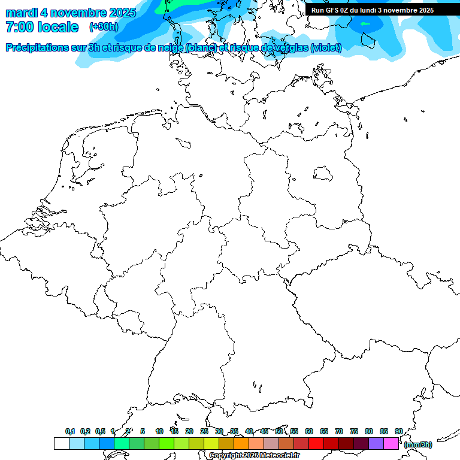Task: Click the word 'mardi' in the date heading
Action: (x=22, y=13)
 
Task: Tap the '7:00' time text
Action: (x=20, y=27)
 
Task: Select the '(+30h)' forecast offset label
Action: (x=104, y=27)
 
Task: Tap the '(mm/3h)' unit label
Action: (x=417, y=444)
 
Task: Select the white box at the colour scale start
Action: (x=61, y=443)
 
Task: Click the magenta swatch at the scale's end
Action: (x=391, y=443)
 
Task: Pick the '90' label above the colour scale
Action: (x=399, y=431)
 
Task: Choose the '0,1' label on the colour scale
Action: (x=70, y=431)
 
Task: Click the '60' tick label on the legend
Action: (x=309, y=431)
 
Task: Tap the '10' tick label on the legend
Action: (x=159, y=431)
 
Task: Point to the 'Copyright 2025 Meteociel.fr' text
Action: (x=254, y=455)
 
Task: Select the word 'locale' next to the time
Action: (x=57, y=27)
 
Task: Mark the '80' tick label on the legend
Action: (x=369, y=431)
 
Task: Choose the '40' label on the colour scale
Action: (x=249, y=431)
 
